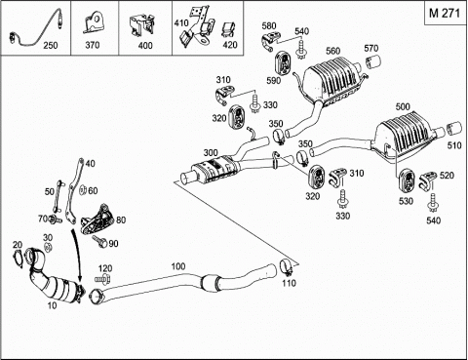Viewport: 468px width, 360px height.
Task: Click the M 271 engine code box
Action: click(x=446, y=14)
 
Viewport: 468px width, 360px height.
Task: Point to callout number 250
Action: click(x=51, y=45)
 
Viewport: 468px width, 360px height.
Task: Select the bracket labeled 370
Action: click(x=94, y=21)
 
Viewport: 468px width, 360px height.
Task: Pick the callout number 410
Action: click(x=181, y=23)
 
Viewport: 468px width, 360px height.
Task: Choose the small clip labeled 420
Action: click(x=228, y=29)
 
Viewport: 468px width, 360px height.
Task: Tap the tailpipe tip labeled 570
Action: click(x=373, y=62)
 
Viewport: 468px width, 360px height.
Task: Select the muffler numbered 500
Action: click(x=405, y=137)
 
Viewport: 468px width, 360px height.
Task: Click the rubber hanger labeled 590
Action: click(x=284, y=63)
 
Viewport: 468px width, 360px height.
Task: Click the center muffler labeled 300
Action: click(x=214, y=168)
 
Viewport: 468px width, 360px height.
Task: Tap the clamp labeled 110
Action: click(x=287, y=267)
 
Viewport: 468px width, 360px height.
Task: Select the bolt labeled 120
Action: click(x=103, y=279)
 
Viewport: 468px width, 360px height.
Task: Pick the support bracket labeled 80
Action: click(x=97, y=220)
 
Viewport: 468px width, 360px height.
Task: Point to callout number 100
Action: click(x=178, y=266)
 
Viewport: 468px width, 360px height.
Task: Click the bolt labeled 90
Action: click(x=99, y=241)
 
